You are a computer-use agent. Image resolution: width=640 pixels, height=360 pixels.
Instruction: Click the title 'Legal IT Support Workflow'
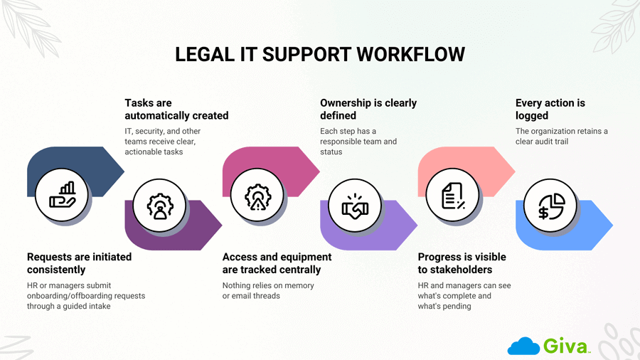click(320, 54)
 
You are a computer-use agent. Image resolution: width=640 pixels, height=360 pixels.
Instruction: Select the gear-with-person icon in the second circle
click(159, 206)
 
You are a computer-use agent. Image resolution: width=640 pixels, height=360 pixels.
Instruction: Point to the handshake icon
click(355, 206)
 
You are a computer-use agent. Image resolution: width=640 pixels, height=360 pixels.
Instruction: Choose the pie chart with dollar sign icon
click(550, 206)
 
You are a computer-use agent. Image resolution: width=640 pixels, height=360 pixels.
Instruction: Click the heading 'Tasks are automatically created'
click(176, 109)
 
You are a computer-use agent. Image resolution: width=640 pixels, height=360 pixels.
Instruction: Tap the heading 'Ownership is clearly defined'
click(368, 109)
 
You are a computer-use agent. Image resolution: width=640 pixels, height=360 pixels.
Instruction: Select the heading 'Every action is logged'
click(550, 109)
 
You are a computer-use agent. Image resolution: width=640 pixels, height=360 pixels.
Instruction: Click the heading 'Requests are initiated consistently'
click(79, 263)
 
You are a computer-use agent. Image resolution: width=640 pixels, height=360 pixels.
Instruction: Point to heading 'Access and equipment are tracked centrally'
click(277, 263)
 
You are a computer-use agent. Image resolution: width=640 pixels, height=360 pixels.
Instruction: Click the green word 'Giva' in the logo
click(567, 346)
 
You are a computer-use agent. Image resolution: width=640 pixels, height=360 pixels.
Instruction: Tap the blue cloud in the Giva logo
click(523, 346)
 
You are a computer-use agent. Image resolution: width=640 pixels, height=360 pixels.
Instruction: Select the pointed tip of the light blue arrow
click(611, 226)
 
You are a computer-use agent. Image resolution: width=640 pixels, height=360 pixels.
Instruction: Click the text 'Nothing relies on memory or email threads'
click(268, 290)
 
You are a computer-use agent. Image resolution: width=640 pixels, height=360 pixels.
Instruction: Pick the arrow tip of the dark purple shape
click(220, 226)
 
